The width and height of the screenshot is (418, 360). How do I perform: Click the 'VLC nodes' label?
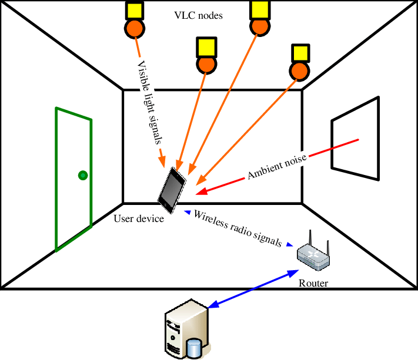(199, 16)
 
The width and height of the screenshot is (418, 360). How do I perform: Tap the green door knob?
(83, 174)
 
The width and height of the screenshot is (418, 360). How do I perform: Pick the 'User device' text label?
(139, 220)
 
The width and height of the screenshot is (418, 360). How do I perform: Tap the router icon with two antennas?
(313, 254)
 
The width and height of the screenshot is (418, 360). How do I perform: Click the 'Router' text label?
(313, 283)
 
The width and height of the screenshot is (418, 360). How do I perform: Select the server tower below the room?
(186, 329)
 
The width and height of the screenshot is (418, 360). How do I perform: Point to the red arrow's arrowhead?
(200, 191)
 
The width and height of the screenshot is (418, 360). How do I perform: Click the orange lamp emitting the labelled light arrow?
(135, 28)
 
